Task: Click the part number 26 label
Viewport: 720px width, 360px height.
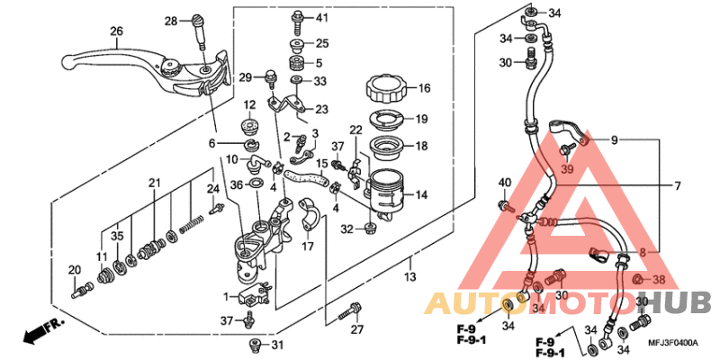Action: click(x=116, y=31)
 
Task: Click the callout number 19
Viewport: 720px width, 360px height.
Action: click(x=421, y=119)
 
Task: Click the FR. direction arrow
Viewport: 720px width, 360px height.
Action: click(x=36, y=332)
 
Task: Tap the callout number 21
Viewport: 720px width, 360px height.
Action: click(x=154, y=184)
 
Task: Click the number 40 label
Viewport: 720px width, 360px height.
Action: click(x=504, y=184)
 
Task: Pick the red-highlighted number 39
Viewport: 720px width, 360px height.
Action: click(x=567, y=170)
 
